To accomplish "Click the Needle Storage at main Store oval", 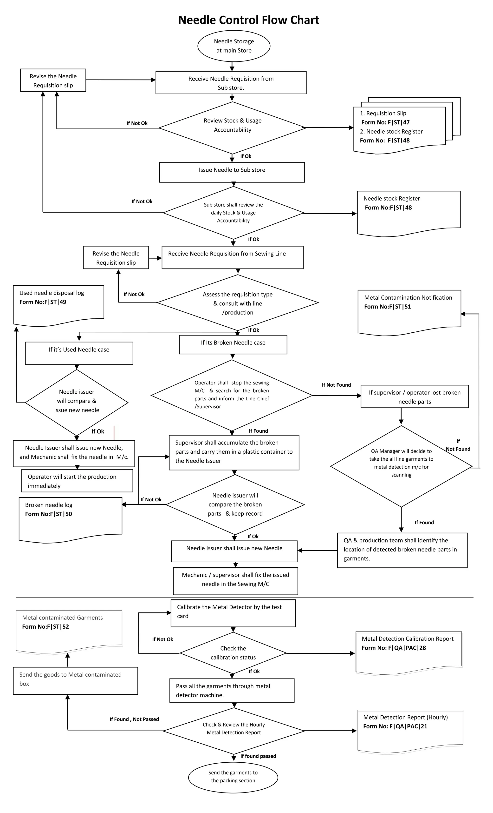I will tap(234, 46).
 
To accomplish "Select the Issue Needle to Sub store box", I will tap(232, 172).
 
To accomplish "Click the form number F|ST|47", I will tap(398, 122).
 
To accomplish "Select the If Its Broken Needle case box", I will tap(233, 344).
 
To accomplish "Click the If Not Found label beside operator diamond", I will tap(336, 385).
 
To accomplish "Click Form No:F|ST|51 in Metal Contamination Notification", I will tap(387, 307).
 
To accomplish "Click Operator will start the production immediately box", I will tap(77, 481).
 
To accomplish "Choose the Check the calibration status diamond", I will tap(233, 653).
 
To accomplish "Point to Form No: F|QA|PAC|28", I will tap(394, 648).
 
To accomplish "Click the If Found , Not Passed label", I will tap(134, 719).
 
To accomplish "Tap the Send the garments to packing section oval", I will tap(233, 776).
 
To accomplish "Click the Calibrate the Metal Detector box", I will tap(233, 612).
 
